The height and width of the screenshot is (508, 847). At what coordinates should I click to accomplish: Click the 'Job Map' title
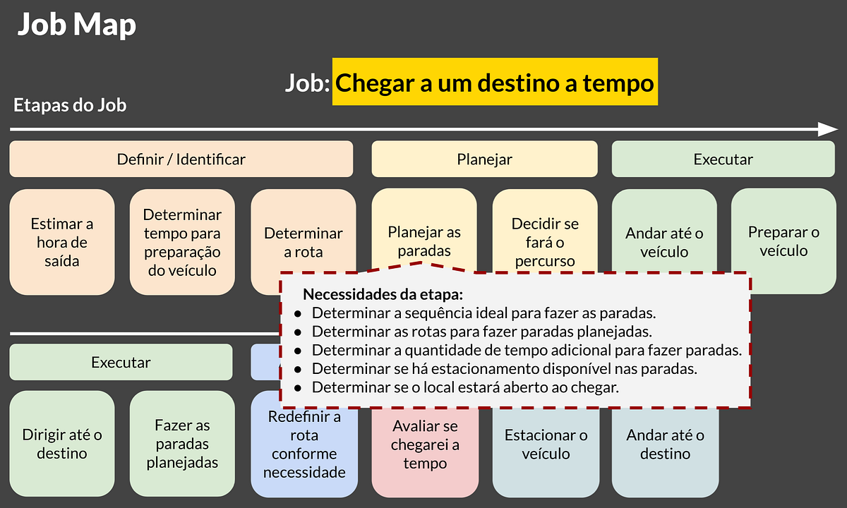tap(76, 25)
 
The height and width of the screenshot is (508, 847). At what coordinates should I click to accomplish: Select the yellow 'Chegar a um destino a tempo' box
tap(495, 83)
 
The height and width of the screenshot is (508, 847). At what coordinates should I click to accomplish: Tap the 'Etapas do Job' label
tap(70, 106)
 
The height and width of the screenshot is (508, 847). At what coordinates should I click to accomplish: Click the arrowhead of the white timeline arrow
tap(827, 129)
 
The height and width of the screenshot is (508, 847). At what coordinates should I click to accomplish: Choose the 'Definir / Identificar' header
tap(181, 159)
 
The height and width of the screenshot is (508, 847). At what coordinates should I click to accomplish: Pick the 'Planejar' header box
tap(484, 159)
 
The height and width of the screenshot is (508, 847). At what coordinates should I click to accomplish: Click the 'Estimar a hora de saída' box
tap(61, 242)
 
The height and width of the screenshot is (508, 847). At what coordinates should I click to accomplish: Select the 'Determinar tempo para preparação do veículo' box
tap(182, 242)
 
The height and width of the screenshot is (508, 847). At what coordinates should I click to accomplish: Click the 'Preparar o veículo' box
tap(783, 241)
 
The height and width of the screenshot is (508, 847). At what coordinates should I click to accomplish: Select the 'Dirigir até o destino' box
tap(62, 444)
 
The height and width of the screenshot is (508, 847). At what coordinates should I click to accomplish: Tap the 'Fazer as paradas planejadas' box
tap(182, 444)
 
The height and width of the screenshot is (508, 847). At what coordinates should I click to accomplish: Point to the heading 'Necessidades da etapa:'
tap(383, 294)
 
